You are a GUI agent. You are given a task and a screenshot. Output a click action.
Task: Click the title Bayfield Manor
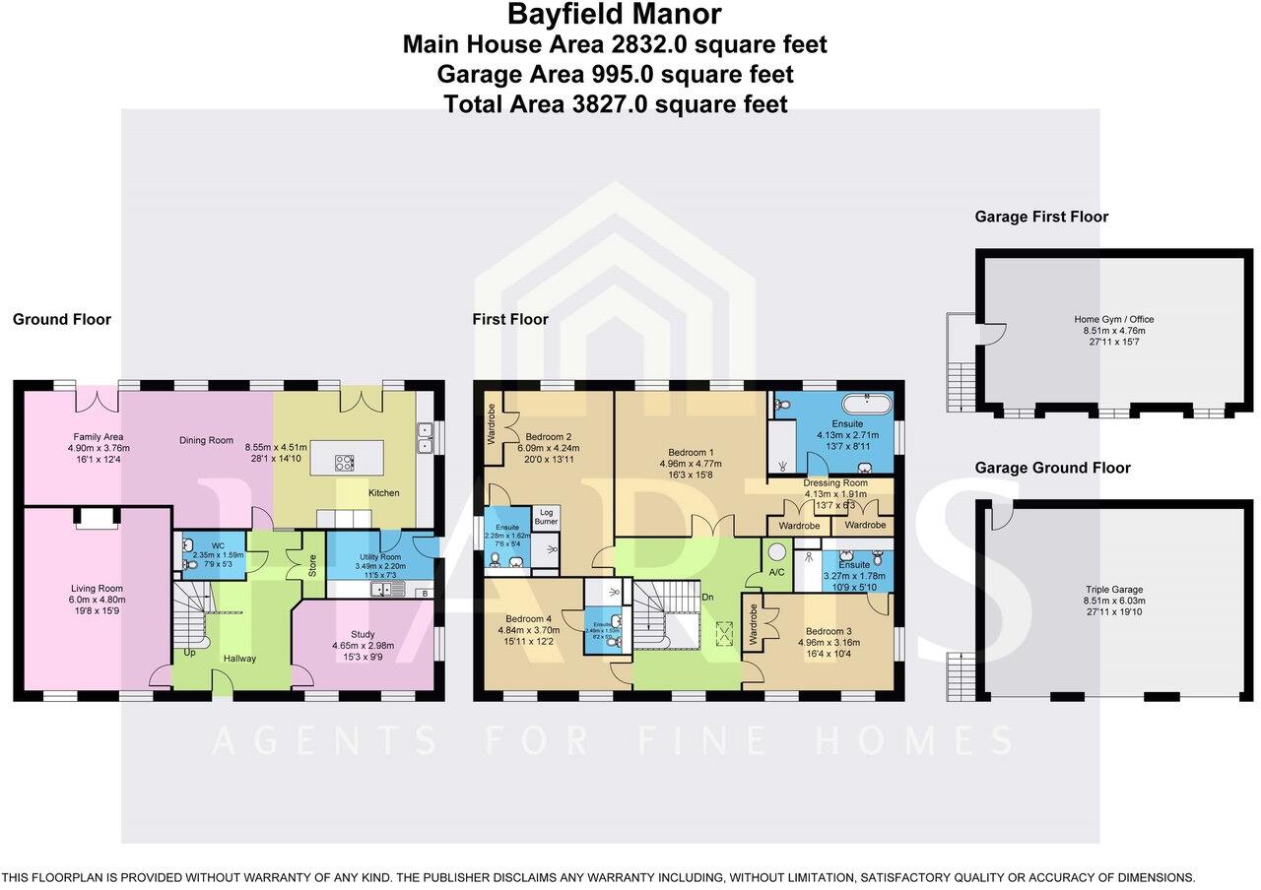615,15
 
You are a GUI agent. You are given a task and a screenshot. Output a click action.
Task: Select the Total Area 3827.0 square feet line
615,103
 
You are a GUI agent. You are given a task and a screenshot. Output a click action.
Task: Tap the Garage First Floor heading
1041,217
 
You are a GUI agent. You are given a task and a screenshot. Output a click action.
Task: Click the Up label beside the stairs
188,652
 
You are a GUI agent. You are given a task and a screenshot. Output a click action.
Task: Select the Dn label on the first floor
706,597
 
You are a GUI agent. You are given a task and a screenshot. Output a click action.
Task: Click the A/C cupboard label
776,572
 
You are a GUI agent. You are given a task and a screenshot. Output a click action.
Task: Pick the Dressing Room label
835,483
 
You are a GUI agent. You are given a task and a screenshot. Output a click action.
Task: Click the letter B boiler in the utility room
423,593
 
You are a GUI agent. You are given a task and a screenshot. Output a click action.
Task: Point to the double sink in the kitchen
425,436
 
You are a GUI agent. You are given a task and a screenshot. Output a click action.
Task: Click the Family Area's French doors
97,400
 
